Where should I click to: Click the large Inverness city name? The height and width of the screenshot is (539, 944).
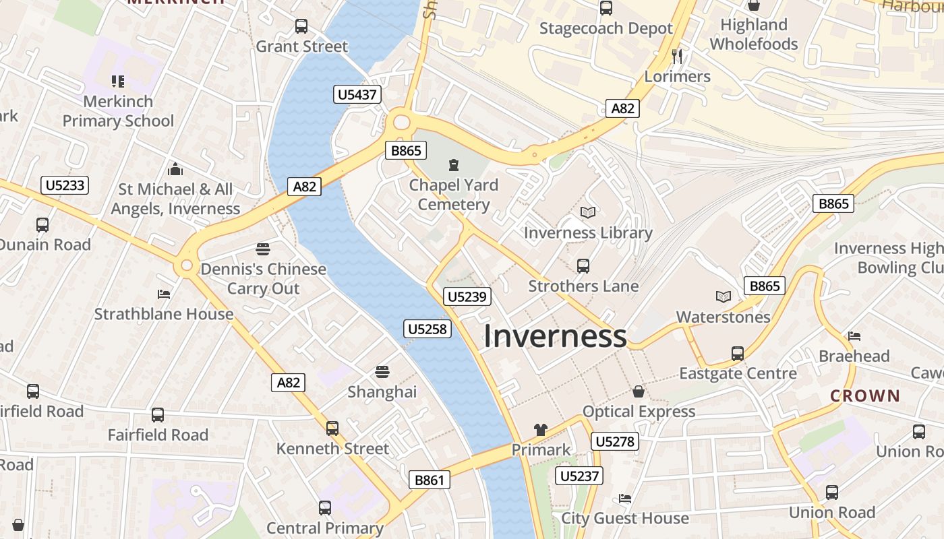[555, 336]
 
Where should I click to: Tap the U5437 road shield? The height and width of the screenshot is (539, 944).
[357, 94]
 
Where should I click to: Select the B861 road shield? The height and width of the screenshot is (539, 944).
[430, 480]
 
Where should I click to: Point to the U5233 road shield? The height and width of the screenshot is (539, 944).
[65, 185]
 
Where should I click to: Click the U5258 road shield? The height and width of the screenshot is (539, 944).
[427, 329]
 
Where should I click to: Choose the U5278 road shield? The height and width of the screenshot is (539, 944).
[614, 441]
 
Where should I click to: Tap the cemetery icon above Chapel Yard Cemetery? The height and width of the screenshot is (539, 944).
[453, 164]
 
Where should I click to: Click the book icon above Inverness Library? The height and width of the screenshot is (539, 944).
[588, 213]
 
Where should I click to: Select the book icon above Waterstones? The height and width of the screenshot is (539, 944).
[723, 296]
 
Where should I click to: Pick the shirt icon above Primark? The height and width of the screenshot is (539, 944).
[540, 429]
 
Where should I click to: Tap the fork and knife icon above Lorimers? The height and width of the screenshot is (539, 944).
[678, 56]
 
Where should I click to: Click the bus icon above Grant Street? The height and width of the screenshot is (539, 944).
[301, 26]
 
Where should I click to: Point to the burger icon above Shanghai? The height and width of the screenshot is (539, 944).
[382, 372]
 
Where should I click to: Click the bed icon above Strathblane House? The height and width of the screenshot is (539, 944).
[163, 294]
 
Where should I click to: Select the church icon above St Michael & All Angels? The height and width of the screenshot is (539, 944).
[175, 168]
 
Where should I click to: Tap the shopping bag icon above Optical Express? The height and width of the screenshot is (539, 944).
[638, 391]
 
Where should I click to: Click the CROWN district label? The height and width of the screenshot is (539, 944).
[865, 395]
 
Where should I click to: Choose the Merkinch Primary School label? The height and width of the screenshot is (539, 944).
[118, 111]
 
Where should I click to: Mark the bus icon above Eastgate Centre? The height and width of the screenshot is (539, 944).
[738, 353]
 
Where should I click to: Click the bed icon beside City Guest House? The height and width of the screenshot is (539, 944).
[625, 499]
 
